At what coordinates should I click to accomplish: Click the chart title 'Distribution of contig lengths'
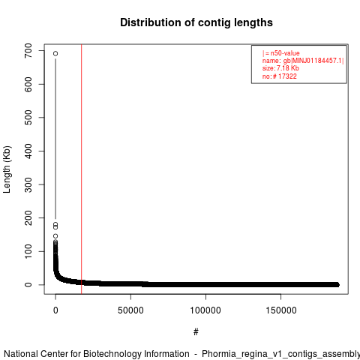tap(196, 22)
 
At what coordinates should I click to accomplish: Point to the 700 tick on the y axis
tap(28, 51)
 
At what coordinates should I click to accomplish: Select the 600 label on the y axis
tap(28, 84)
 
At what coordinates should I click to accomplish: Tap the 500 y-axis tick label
tap(28, 118)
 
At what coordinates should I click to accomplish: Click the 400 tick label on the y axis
tap(28, 151)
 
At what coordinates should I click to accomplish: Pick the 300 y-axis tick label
tap(28, 184)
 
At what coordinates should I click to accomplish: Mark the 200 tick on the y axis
tap(28, 217)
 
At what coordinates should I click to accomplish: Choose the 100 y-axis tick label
tap(28, 251)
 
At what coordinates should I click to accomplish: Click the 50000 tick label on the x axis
tap(130, 310)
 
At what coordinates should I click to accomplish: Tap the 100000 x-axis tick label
tap(205, 310)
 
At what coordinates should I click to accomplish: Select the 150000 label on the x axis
tap(281, 310)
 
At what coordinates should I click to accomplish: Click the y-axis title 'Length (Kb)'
tap(7, 169)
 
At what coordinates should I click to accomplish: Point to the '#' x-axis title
tap(196, 332)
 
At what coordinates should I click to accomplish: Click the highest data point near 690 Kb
tap(55, 53)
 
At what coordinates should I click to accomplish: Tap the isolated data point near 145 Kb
tap(55, 236)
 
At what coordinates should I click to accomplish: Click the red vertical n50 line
tap(82, 169)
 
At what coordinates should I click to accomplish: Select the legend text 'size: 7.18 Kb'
tap(280, 68)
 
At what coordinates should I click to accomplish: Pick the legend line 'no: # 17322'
tap(280, 76)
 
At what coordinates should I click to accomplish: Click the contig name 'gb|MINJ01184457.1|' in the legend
tap(313, 61)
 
